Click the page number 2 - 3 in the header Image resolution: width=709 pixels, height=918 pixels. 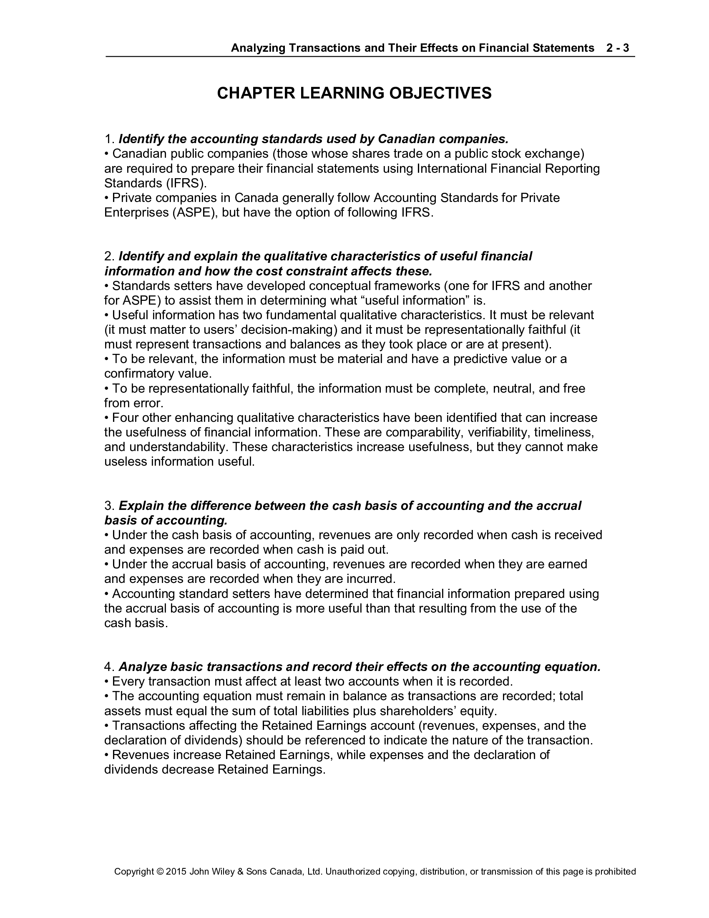coord(617,48)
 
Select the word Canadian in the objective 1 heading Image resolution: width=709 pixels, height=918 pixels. coord(405,139)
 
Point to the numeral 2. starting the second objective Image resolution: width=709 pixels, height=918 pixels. coord(109,256)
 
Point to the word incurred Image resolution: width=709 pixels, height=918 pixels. coord(370,579)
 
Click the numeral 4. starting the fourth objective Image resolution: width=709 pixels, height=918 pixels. coord(109,667)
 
